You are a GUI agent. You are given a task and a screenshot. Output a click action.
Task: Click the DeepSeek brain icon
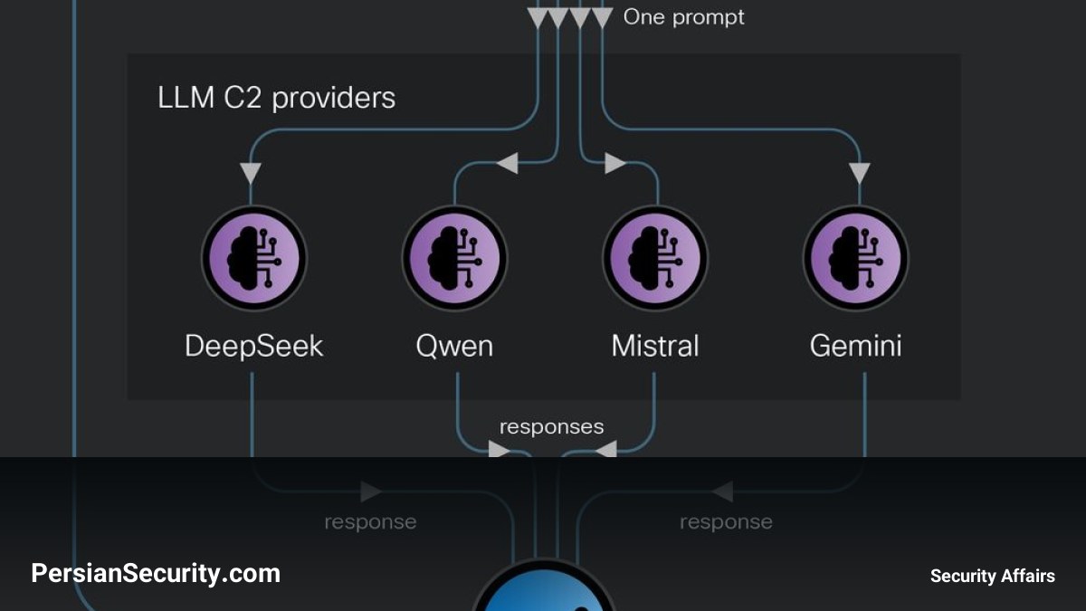[x=254, y=259]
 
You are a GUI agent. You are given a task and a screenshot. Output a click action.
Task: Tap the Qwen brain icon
[x=454, y=259]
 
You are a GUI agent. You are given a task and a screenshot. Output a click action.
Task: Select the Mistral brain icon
[x=655, y=259]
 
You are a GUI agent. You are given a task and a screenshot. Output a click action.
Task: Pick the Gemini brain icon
[x=856, y=259]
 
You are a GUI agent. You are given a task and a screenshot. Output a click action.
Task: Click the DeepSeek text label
[x=254, y=346]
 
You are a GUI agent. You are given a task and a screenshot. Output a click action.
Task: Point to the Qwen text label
[x=454, y=346]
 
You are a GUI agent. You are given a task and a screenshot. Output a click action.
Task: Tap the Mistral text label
[x=655, y=346]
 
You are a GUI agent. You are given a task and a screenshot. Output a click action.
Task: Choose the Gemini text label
[x=856, y=346]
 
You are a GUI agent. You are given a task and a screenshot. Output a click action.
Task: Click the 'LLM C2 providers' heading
[x=276, y=98]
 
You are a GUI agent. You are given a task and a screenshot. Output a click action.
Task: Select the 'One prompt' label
[x=683, y=17]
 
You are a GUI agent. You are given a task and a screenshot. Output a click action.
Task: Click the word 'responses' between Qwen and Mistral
[x=552, y=427]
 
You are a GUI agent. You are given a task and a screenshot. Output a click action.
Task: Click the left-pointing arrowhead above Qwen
[x=508, y=163]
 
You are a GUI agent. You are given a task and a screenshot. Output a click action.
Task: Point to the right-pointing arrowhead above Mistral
[x=615, y=163]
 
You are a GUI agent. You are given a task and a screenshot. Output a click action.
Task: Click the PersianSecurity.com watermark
[x=156, y=574]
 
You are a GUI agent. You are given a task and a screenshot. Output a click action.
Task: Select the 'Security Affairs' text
[x=993, y=576]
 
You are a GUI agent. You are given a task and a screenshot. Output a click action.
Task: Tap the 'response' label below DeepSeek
[x=370, y=522]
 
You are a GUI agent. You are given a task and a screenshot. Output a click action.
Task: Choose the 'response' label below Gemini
[x=726, y=522]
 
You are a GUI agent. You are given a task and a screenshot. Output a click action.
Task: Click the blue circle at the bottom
[x=544, y=587]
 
